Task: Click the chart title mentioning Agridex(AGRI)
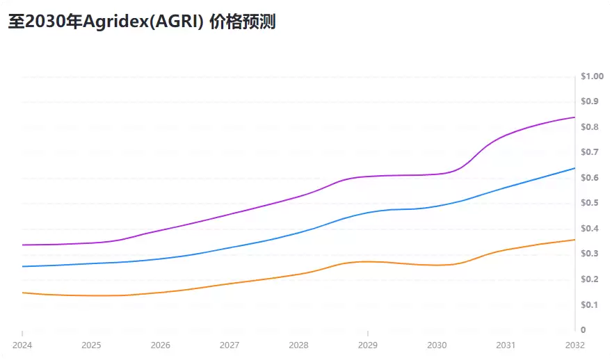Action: (x=142, y=22)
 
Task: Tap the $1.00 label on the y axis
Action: (x=593, y=76)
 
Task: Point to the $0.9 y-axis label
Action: (x=590, y=101)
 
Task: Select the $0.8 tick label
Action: (x=590, y=127)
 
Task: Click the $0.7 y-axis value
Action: (x=590, y=152)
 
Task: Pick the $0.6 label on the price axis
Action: (x=590, y=178)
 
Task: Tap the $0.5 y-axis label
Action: (x=590, y=203)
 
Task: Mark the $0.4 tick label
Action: (x=590, y=229)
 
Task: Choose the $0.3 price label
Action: (x=590, y=254)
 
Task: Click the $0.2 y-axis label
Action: (x=590, y=279)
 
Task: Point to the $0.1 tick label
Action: (x=590, y=304)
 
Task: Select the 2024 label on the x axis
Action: (x=22, y=345)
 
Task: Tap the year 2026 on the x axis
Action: (x=160, y=345)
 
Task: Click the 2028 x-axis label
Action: (x=298, y=345)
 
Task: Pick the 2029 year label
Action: (x=368, y=345)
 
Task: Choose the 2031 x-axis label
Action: (x=506, y=345)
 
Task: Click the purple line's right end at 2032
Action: (x=574, y=117)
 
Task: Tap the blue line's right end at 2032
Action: (x=574, y=168)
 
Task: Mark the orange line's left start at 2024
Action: (x=23, y=293)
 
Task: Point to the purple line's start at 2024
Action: (x=23, y=245)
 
